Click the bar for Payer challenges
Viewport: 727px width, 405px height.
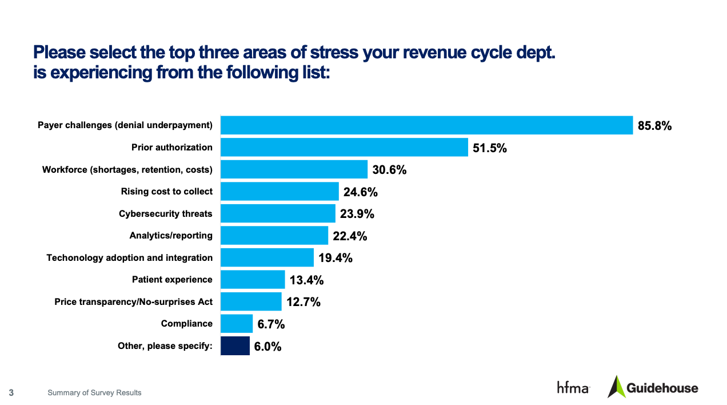click(426, 125)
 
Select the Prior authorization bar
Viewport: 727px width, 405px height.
click(344, 148)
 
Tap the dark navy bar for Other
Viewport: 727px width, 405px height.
click(235, 346)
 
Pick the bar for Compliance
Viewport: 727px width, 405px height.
click(237, 324)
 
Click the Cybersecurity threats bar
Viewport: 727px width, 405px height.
click(278, 214)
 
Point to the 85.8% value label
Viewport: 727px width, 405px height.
click(654, 126)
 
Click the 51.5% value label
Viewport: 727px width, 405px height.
click(490, 148)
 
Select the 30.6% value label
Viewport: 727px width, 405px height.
click(389, 170)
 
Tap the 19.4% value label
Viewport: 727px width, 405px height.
click(335, 258)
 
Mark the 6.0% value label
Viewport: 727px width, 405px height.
click(267, 347)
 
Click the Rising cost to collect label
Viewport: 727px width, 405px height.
click(166, 192)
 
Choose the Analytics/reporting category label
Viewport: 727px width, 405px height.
click(171, 236)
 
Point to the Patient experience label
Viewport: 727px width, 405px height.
click(172, 280)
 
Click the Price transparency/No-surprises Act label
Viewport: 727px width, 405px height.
click(133, 302)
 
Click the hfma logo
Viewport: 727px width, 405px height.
click(573, 388)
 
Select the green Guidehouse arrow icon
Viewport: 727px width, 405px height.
click(616, 387)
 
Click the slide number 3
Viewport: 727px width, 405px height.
click(11, 393)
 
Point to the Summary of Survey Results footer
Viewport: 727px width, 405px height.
click(94, 393)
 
